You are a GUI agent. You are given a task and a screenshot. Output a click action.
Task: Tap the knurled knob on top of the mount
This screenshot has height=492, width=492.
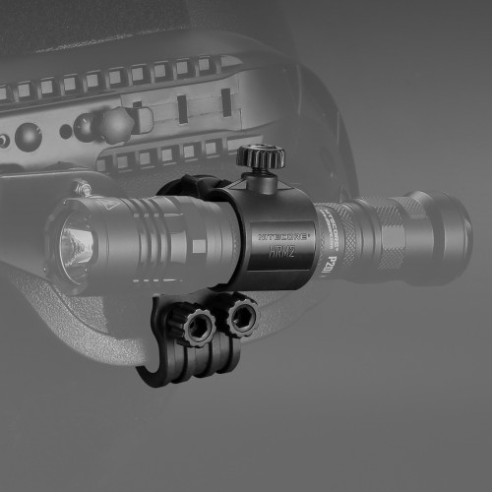click(260, 156)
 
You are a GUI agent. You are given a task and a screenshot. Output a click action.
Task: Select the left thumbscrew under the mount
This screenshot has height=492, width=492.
click(198, 324)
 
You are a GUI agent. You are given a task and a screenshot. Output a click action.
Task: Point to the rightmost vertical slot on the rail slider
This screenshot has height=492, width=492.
click(224, 102)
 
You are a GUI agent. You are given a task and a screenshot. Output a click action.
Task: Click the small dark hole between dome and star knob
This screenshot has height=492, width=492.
click(66, 130)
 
